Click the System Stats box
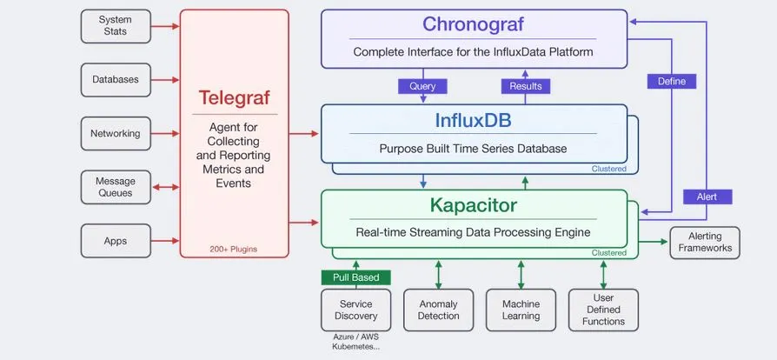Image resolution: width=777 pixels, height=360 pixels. point(115,25)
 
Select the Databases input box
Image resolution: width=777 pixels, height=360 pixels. point(115,79)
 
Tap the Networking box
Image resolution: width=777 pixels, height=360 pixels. point(115,133)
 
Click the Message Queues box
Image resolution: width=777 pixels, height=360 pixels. point(115,187)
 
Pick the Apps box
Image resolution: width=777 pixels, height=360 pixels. point(115,241)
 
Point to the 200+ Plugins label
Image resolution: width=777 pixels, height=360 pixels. point(233,250)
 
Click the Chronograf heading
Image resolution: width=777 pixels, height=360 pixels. point(473,24)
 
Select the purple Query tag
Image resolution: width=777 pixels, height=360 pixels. point(422,86)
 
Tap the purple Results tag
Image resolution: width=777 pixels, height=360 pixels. point(525,86)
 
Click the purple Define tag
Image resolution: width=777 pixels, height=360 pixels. point(671,81)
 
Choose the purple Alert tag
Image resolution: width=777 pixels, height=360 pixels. point(707,197)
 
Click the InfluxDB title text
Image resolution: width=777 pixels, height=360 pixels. point(473,120)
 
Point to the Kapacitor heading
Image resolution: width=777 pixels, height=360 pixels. point(473,206)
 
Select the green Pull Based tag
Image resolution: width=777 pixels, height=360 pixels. point(356,277)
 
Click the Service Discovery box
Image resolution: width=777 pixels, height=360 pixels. point(356,310)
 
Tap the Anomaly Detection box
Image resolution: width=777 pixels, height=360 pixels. point(439,310)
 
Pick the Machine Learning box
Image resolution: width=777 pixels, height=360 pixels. point(521,310)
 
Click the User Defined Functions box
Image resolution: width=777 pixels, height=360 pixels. point(603,310)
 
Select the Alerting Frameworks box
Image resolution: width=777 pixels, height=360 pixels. point(704,243)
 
